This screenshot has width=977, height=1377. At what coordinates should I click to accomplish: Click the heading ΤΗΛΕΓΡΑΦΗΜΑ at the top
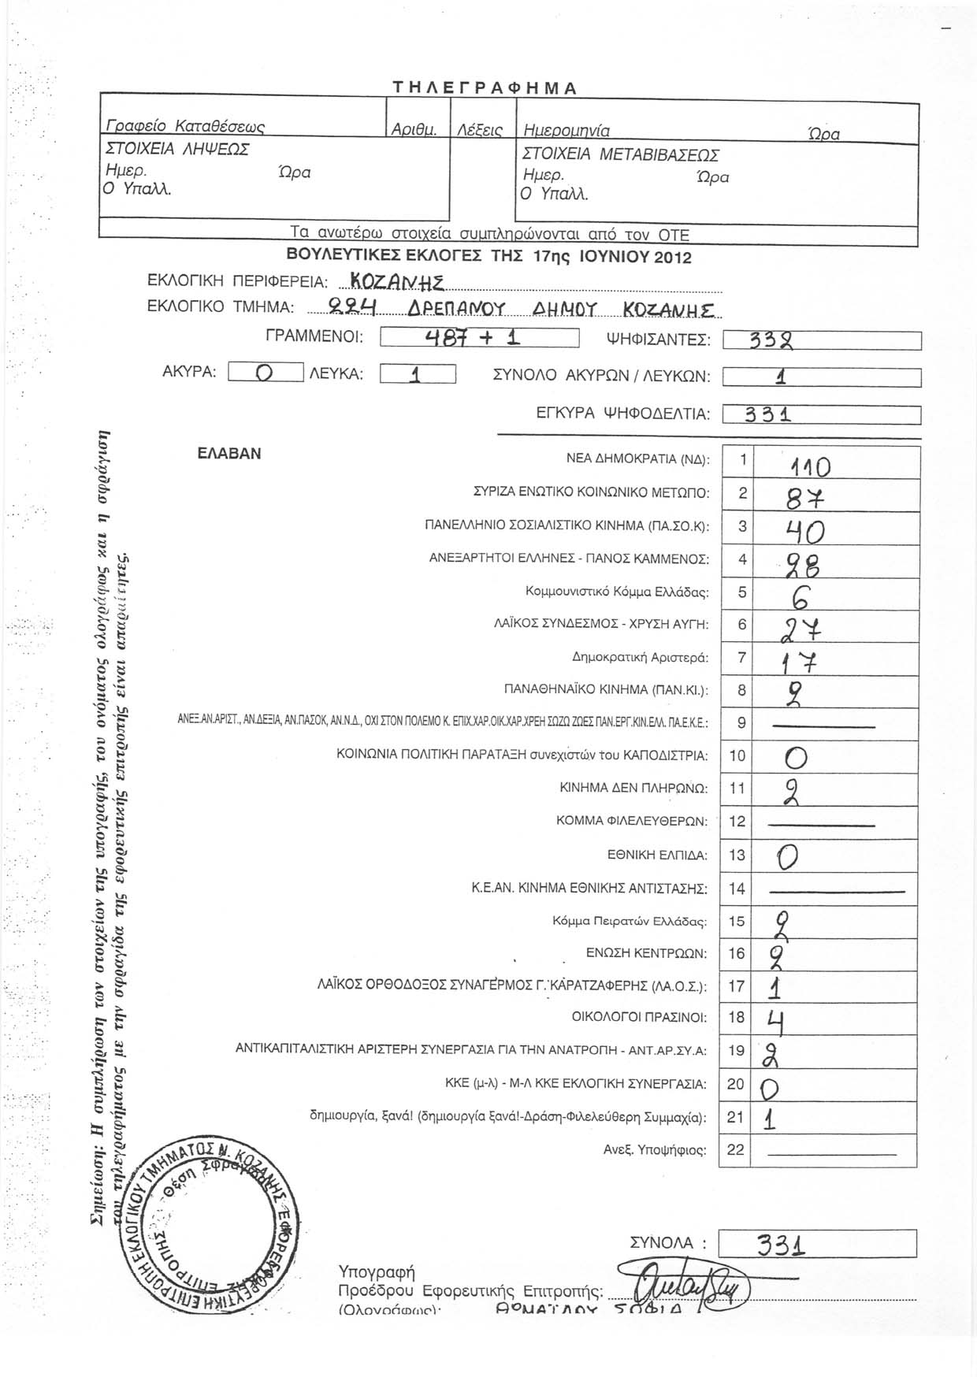pyautogui.click(x=486, y=88)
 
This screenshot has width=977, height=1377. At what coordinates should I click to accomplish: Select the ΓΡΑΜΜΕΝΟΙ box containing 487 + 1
pyautogui.click(x=479, y=339)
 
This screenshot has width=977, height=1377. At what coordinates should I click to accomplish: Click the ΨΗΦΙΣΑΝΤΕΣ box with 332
pyautogui.click(x=821, y=341)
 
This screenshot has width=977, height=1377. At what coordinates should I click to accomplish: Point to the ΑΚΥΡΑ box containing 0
pyautogui.click(x=266, y=373)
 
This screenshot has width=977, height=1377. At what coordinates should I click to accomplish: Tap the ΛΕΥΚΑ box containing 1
pyautogui.click(x=418, y=374)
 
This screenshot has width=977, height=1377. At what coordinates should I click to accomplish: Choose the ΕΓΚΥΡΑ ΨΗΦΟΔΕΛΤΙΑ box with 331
pyautogui.click(x=821, y=414)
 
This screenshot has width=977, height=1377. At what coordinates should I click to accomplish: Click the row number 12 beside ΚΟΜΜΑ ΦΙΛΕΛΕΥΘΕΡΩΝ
pyautogui.click(x=737, y=822)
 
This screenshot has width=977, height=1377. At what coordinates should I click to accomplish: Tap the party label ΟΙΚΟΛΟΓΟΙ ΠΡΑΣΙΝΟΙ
pyautogui.click(x=639, y=1018)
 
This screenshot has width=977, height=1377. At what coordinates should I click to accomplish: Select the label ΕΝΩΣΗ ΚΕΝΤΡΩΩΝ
pyautogui.click(x=646, y=953)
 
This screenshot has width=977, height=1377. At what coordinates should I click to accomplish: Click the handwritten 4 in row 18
pyautogui.click(x=775, y=1022)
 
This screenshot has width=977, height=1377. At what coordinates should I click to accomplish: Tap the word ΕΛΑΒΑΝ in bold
pyautogui.click(x=229, y=455)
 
